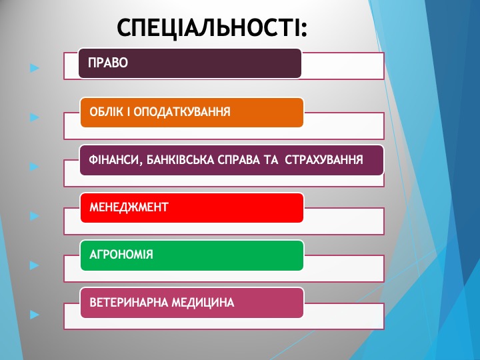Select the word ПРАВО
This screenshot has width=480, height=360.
pos(108,63)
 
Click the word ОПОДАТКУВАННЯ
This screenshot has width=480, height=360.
pos(182,112)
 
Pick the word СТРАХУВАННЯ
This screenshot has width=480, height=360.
pos(324,160)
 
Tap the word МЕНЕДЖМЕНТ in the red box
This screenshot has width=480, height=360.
pos(129,207)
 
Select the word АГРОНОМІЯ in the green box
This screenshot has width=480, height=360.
pos(121,255)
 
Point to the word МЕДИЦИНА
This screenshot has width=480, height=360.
pos(203,303)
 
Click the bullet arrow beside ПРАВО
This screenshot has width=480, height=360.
pos(35,67)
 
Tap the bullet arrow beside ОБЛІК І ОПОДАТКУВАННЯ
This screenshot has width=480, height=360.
pos(35,117)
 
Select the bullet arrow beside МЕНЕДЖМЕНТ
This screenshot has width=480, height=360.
pos(35,216)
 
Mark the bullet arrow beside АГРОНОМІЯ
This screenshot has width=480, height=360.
pos(35,265)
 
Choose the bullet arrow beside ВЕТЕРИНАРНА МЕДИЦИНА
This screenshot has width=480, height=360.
pos(35,315)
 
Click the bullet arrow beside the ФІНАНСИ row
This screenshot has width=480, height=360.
pos(35,167)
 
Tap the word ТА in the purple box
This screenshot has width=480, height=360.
pos(271,160)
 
